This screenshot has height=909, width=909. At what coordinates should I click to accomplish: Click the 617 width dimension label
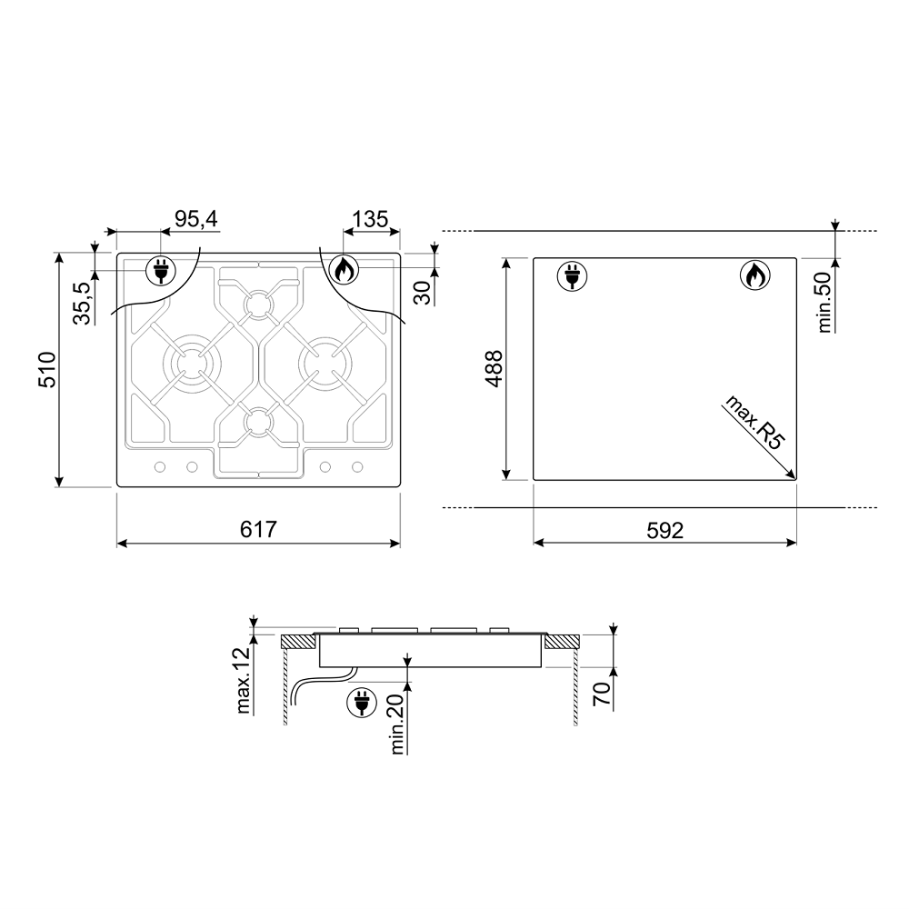pyautogui.click(x=258, y=529)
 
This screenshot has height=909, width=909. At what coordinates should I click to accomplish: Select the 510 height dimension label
pyautogui.click(x=46, y=369)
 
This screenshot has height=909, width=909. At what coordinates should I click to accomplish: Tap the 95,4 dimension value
pyautogui.click(x=196, y=219)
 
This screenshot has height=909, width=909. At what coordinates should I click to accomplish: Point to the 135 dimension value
pyautogui.click(x=370, y=219)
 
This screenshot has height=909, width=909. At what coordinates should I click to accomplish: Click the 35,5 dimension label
pyautogui.click(x=83, y=304)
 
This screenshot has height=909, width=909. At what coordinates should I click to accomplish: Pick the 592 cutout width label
pyautogui.click(x=665, y=531)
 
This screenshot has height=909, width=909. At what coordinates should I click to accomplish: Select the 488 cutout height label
pyautogui.click(x=494, y=369)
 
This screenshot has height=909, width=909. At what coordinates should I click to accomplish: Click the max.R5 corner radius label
pyautogui.click(x=754, y=422)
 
